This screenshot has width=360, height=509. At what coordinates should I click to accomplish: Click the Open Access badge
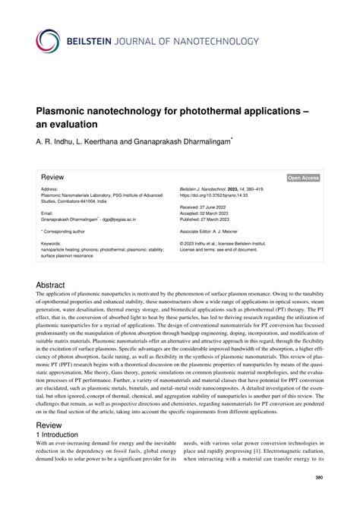point(302,177)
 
